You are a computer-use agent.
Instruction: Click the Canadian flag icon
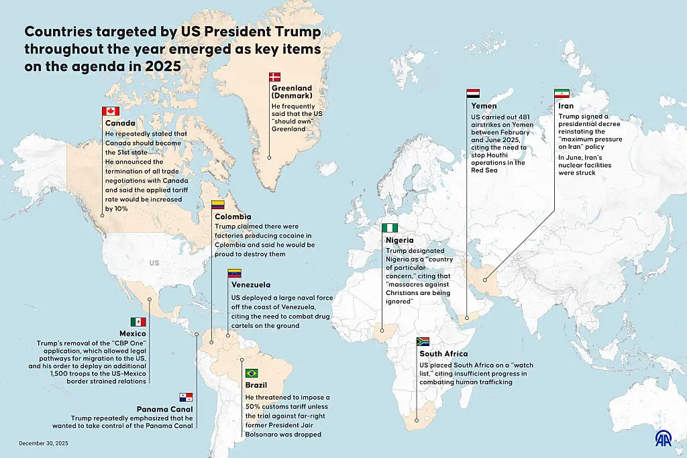110,111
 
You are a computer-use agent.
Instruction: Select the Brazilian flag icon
252,374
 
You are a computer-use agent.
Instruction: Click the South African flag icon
423,342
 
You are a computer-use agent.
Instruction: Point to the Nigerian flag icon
389,229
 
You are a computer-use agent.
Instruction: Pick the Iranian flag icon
562,94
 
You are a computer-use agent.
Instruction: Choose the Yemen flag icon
473,94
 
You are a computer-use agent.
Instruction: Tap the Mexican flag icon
138,323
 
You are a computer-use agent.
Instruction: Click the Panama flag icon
186,398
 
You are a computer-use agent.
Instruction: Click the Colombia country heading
233,217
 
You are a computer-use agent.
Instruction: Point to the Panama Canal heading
165,409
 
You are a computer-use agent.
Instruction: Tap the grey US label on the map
154,264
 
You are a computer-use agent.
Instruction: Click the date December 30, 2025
44,443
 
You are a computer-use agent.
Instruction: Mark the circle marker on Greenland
269,158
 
